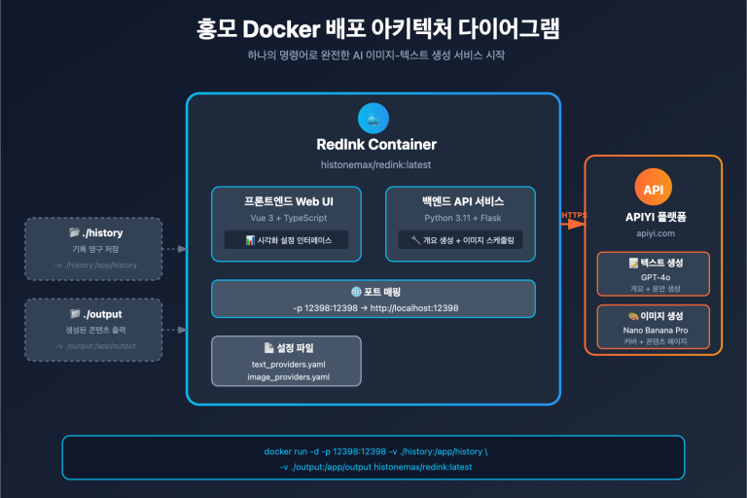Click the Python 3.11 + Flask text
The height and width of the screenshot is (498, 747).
point(460,218)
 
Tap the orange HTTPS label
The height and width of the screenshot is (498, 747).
point(575,214)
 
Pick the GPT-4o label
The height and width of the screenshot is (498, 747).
point(653,276)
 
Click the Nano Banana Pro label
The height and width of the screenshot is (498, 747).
point(653,330)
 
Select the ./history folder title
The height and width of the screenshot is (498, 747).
point(95,233)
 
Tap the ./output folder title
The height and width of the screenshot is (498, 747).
point(95,314)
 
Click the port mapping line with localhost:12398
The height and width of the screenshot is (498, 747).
point(374,307)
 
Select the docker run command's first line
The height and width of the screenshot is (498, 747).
point(373,451)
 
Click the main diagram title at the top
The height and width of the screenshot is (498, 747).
point(373,28)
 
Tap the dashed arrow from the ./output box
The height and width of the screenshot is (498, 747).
point(174,330)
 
